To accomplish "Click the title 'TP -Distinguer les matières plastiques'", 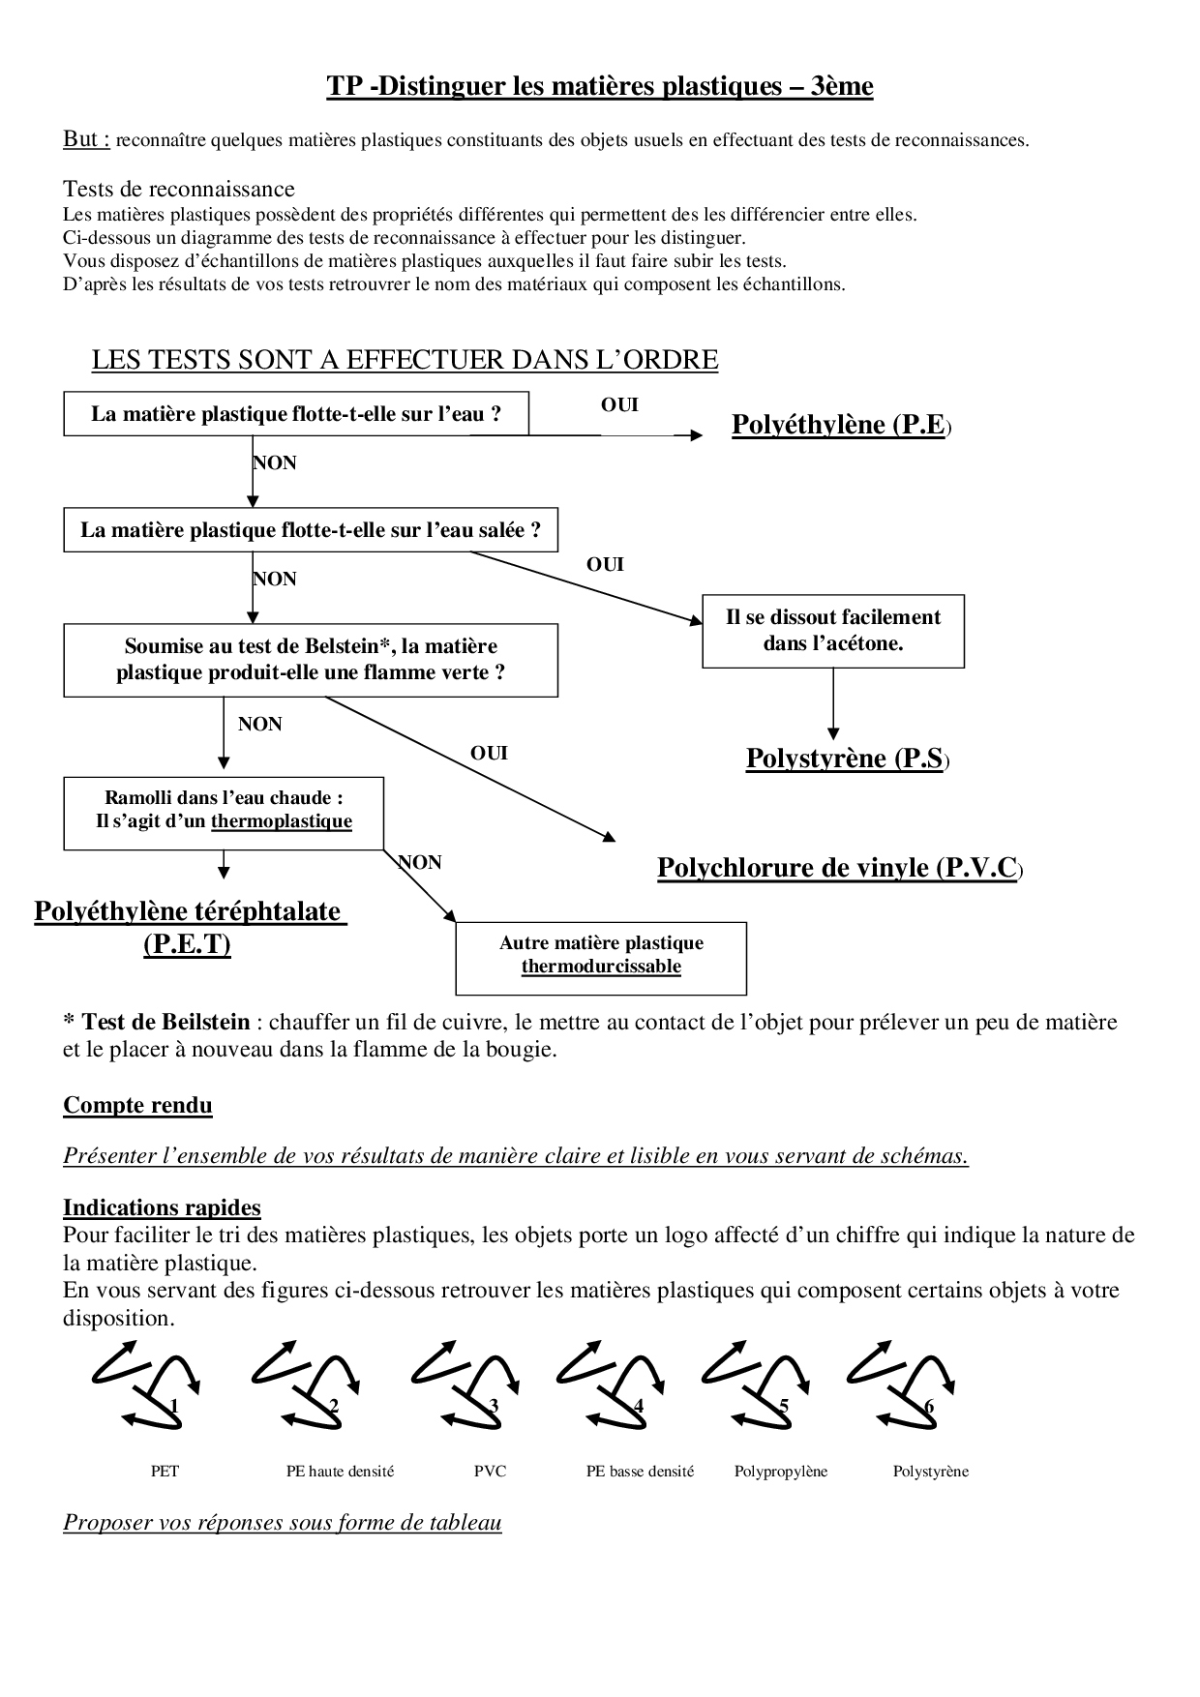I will (x=599, y=87).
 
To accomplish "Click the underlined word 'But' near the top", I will (x=85, y=139).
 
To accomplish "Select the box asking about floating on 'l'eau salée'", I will (x=310, y=530).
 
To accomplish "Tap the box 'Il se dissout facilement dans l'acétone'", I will (x=832, y=631).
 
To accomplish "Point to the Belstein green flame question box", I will (x=310, y=660).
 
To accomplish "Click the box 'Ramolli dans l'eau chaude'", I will (x=224, y=811).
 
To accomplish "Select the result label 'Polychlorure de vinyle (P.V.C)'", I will (x=839, y=868).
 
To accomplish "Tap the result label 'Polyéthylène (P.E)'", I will (x=841, y=425).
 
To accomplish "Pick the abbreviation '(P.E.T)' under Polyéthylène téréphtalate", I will (x=187, y=943).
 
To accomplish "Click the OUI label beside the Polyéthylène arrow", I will (x=619, y=405).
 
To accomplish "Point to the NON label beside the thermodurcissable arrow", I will (x=420, y=862).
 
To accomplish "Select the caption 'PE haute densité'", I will (x=340, y=1472).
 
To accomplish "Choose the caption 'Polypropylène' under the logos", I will (x=781, y=1472).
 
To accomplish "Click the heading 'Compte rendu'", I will (x=137, y=1106).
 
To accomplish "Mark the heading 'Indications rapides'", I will (x=162, y=1207).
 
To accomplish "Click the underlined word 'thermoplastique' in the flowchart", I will (x=282, y=822).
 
